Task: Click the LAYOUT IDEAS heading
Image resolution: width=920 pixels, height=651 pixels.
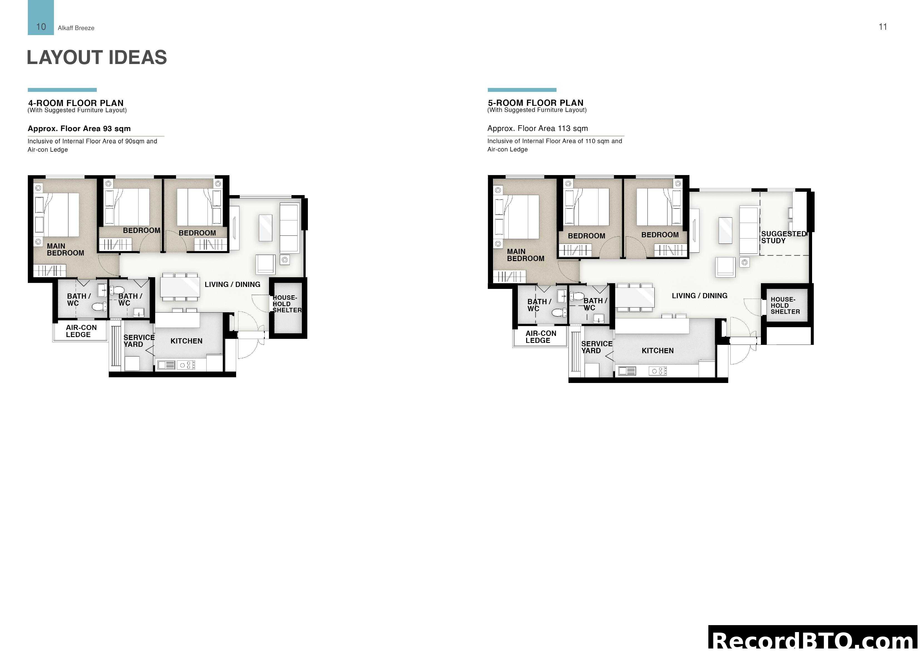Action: coord(97,57)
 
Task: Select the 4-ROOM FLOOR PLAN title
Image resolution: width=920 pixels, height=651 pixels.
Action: coord(76,103)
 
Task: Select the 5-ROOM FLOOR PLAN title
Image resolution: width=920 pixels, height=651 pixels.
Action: coord(535,103)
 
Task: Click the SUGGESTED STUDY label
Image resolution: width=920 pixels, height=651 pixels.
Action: coord(783,237)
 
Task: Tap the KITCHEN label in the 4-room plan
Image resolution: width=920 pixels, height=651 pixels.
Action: coord(186,341)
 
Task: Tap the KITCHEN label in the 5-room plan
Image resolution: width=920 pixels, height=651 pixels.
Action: coord(657,351)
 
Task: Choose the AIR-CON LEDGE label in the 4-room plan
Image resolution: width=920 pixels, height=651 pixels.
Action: coord(81,331)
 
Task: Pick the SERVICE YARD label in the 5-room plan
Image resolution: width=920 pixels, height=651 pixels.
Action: coord(596,347)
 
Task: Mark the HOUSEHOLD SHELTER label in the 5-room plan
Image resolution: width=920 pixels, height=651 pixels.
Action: coord(785,305)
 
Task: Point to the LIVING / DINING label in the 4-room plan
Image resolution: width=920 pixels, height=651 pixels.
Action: coord(233,284)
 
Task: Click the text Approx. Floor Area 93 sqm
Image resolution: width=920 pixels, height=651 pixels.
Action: coord(79,128)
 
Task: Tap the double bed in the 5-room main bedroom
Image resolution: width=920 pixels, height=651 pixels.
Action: coord(521,217)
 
